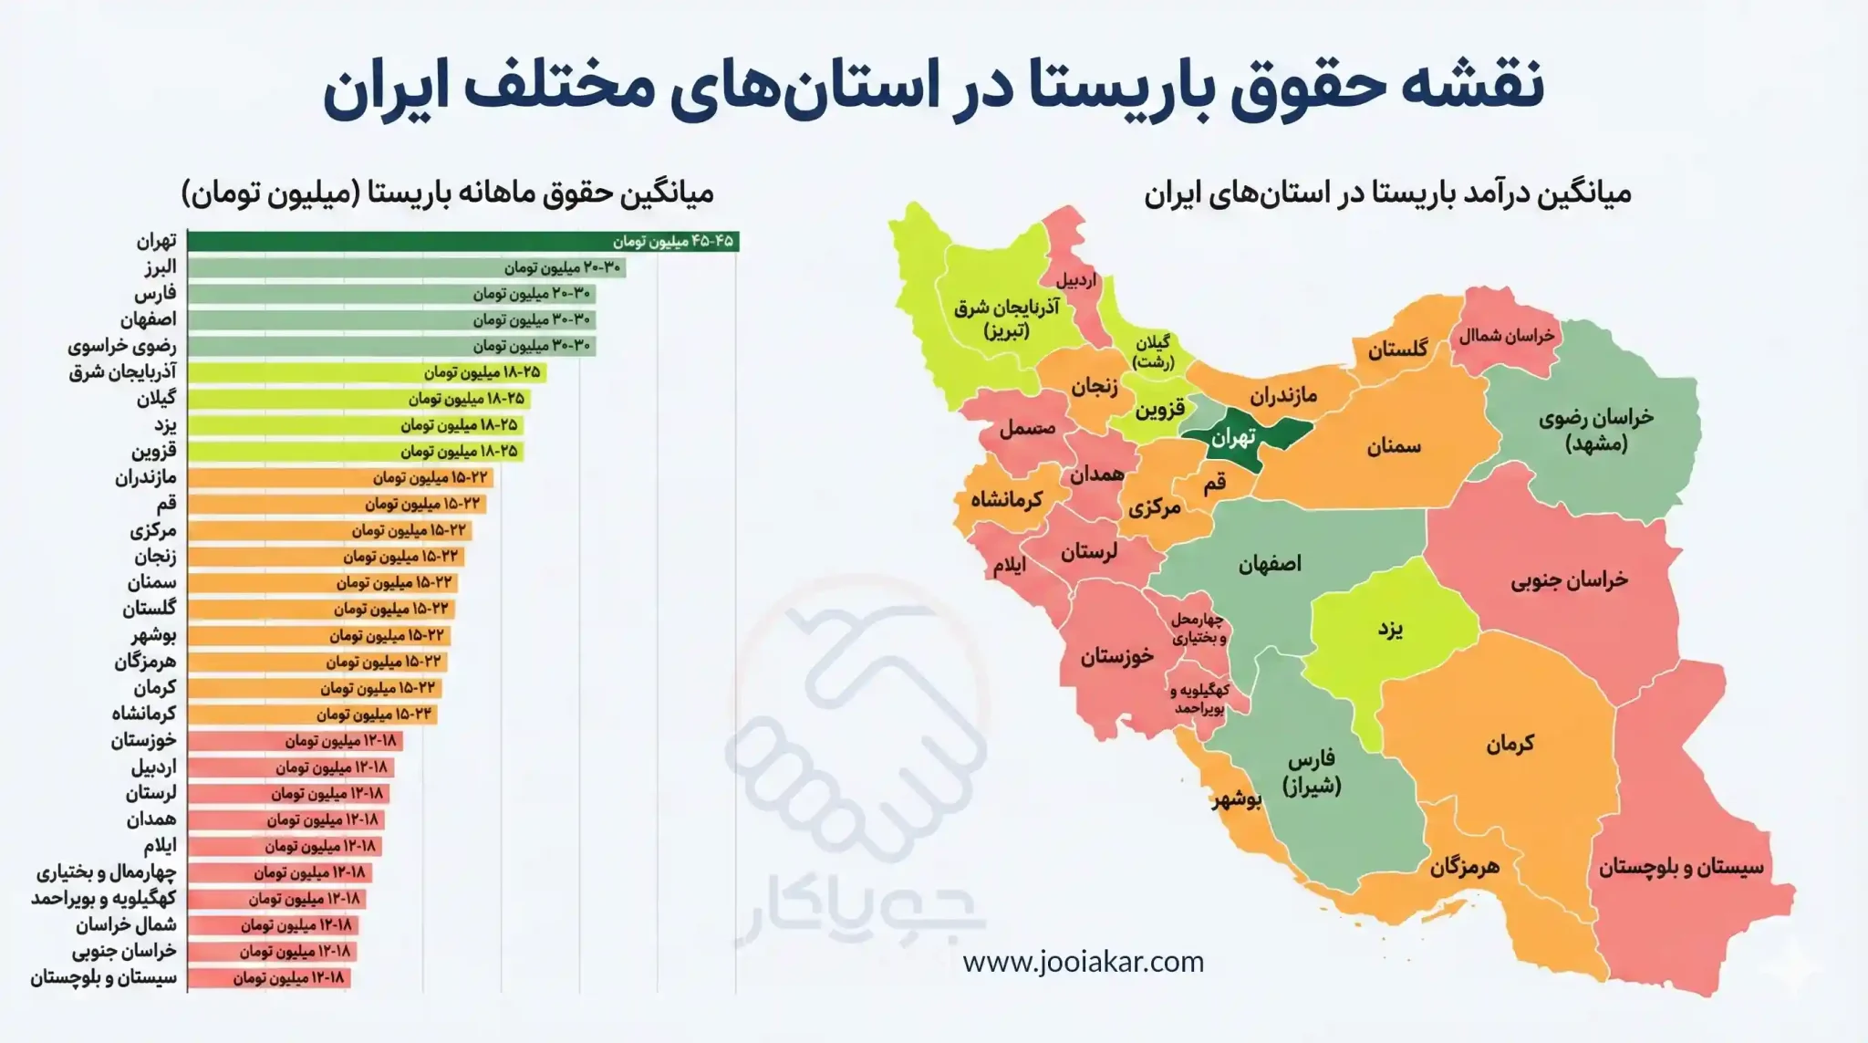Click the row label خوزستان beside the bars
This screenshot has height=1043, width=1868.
coord(144,740)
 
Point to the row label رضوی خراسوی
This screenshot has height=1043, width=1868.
coord(122,346)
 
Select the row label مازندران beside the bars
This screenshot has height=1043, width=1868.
coord(146,477)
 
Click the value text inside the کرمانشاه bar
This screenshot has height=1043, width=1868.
coord(375,714)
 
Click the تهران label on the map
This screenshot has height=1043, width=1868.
coord(1233,438)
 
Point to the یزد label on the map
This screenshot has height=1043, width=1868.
coord(1390,629)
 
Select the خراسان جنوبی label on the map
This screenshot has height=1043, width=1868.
coord(1569,579)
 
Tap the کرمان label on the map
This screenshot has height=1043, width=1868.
coord(1510,744)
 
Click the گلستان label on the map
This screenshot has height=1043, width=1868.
coord(1397,349)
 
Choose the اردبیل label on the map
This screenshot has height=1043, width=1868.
coord(1076,280)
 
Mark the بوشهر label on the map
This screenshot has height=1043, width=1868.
coord(1237,800)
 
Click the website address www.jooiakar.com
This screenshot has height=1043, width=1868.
coord(1083,962)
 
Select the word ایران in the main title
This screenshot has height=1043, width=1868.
coord(375,86)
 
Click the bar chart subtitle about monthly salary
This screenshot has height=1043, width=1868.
coord(447,193)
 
